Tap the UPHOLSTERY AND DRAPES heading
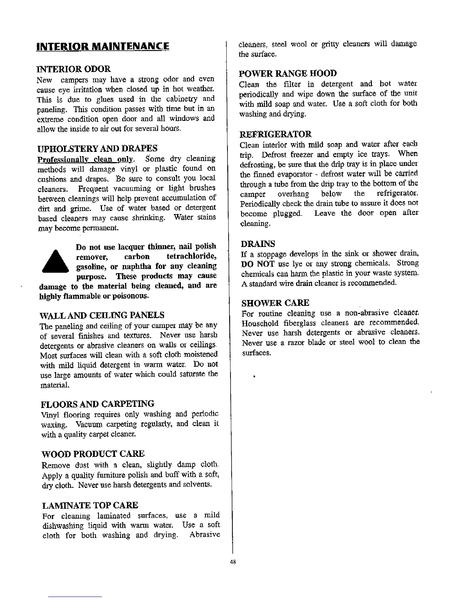98,148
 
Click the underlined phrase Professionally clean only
85,159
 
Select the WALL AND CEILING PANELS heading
102,315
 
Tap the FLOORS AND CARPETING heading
97,403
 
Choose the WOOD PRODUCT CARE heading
93,454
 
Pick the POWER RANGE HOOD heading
288,73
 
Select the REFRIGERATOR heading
276,134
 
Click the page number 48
233,562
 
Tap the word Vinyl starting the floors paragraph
49,414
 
